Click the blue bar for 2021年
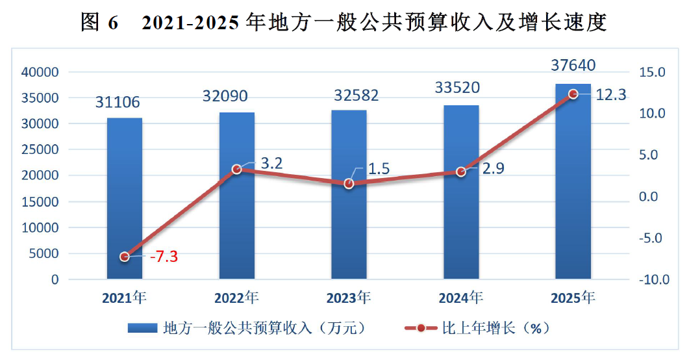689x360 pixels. tap(125, 198)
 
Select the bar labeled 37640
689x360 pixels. tap(573, 181)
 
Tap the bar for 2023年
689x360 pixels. tap(349, 194)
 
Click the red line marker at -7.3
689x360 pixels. tap(125, 257)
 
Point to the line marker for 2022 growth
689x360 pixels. tap(237, 169)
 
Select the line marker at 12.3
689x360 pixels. tap(573, 94)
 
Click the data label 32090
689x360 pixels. tap(225, 96)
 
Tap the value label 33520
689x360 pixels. tap(457, 88)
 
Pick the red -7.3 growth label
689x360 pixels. tap(164, 256)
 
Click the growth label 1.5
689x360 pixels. tap(379, 168)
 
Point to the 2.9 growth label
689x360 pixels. tap(493, 168)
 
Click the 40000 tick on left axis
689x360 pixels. tap(40, 72)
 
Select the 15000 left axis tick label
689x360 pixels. tap(40, 201)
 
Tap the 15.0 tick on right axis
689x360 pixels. tap(652, 72)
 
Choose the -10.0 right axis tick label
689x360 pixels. tap(654, 279)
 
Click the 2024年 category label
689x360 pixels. tap(461, 298)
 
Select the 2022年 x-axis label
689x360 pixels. tap(236, 298)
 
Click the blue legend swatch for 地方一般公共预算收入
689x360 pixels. tap(142, 328)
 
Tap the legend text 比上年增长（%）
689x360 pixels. tap(495, 328)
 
